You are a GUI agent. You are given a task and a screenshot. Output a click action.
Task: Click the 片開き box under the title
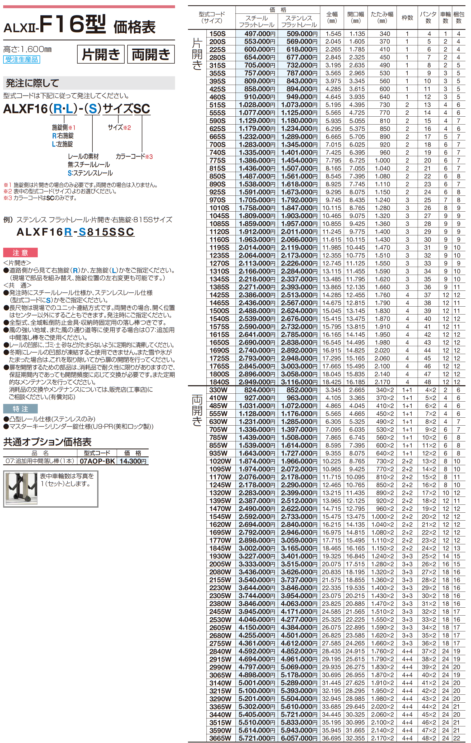[x=101, y=54]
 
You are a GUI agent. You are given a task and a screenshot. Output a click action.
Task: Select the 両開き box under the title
[x=151, y=54]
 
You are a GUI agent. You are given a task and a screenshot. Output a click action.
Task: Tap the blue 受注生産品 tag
[x=22, y=60]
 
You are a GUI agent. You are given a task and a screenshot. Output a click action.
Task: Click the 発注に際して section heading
[x=32, y=83]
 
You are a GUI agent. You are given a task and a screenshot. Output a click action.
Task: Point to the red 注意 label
[x=20, y=253]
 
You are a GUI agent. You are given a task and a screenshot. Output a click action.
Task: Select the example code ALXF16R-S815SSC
[x=75, y=232]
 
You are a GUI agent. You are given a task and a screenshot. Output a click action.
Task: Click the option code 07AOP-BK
[x=97, y=461]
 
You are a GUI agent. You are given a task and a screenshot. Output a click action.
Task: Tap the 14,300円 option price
[x=133, y=461]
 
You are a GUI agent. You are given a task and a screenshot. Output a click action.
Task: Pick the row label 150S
[x=217, y=34]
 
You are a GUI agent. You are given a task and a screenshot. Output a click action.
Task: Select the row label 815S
[x=217, y=168]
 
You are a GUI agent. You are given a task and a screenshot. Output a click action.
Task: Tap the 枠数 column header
[x=407, y=18]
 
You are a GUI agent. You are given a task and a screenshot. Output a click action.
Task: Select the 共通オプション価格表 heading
[x=47, y=442]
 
